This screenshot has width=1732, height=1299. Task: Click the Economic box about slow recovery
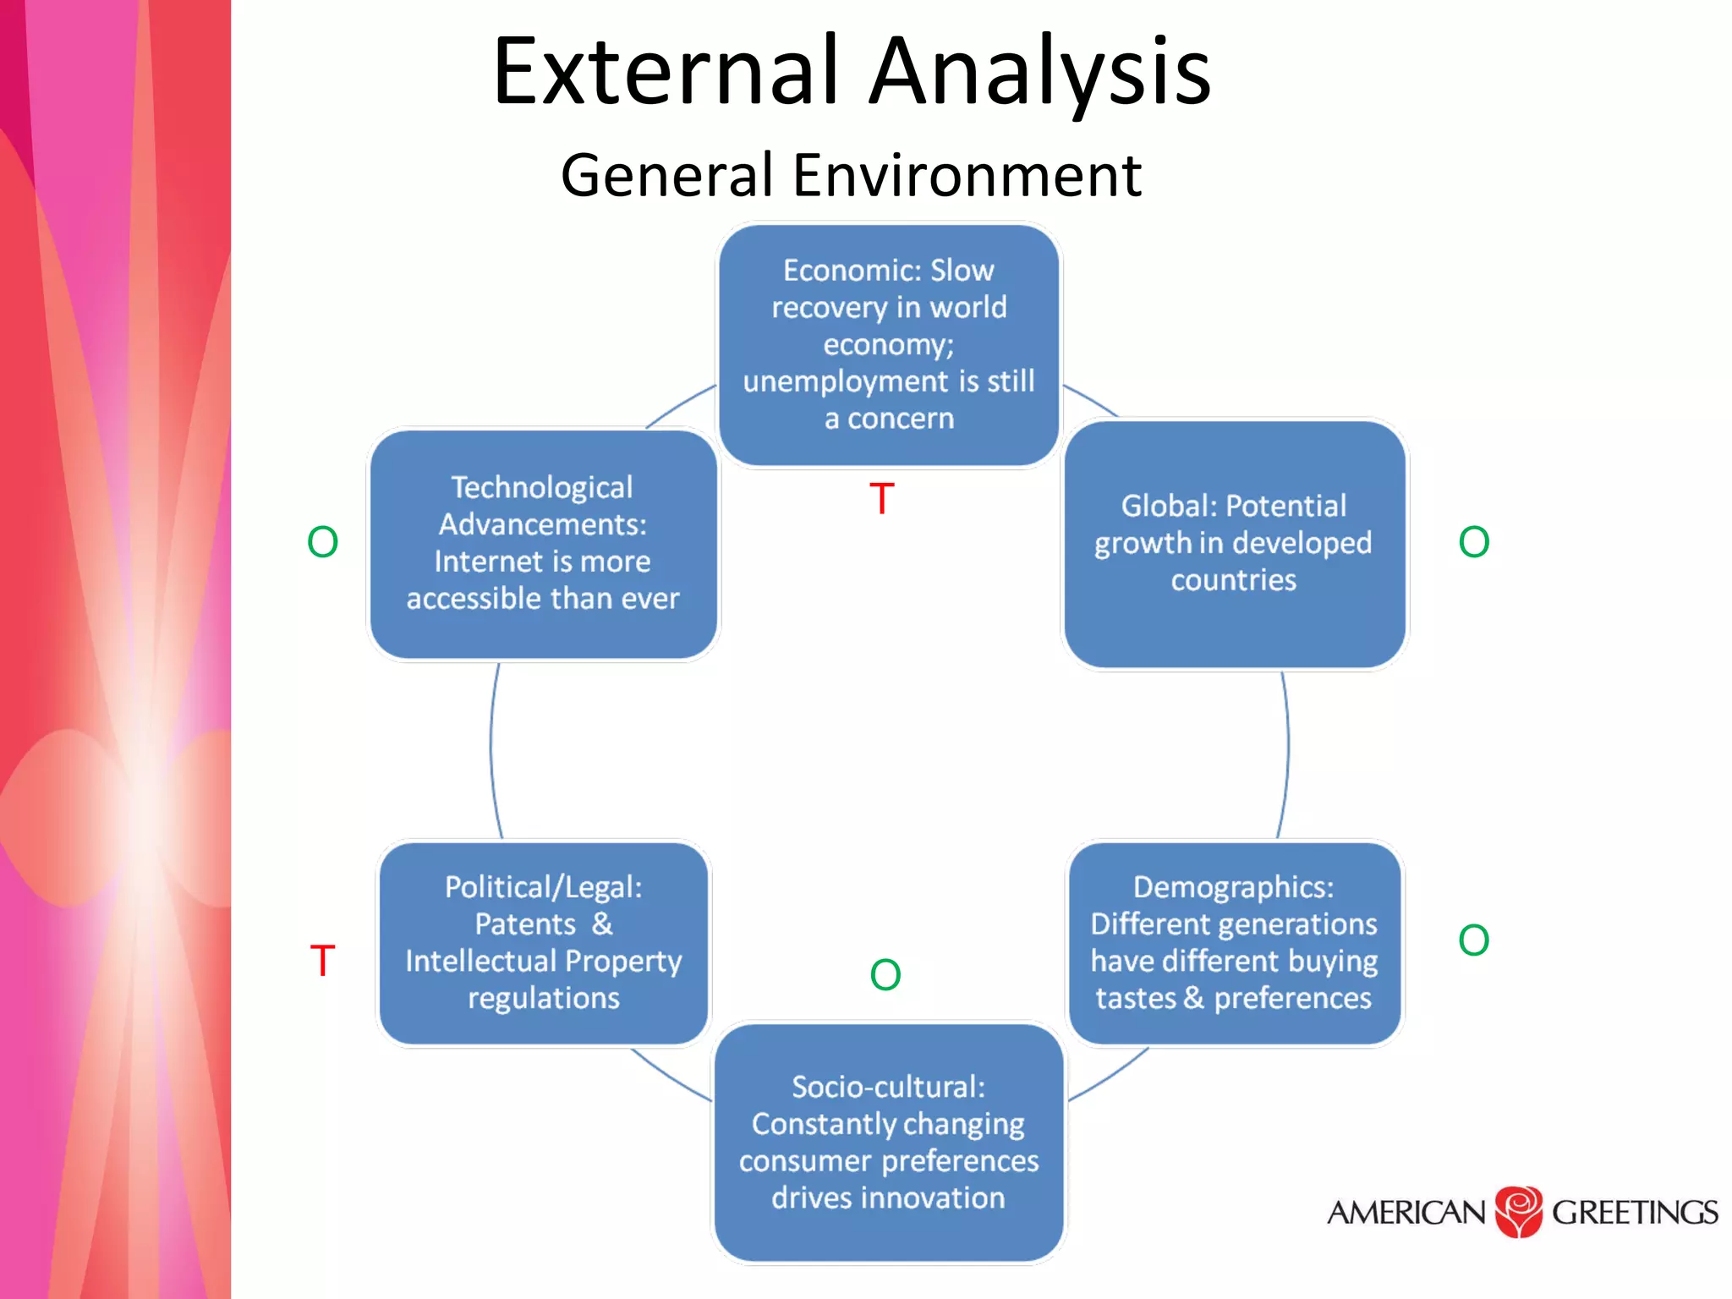(x=888, y=344)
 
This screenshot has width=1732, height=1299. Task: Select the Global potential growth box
(x=1234, y=544)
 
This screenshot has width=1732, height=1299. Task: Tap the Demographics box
(x=1234, y=943)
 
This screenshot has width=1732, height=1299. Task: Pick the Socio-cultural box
(x=888, y=1143)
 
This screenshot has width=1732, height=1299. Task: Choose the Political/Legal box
(x=544, y=943)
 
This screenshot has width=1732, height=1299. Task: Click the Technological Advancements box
(x=543, y=544)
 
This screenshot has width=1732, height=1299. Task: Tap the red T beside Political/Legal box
(x=322, y=961)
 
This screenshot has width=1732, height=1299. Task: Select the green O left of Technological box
(x=322, y=542)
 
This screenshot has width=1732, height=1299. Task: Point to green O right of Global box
(x=1473, y=542)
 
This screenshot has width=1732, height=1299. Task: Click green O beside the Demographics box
(x=1473, y=940)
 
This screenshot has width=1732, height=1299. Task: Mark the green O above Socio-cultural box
(x=885, y=975)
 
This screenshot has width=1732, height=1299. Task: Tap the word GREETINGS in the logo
(x=1634, y=1213)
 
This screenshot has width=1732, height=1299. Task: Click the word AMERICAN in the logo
(x=1406, y=1213)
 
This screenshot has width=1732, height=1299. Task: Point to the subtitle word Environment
(x=967, y=176)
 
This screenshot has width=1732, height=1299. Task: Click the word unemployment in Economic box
(x=847, y=381)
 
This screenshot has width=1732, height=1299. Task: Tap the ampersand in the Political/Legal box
(x=602, y=924)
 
